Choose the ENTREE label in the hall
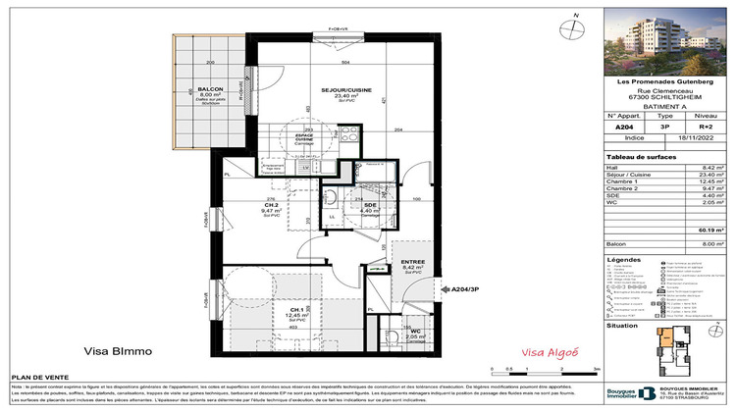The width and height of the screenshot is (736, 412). click(404, 258)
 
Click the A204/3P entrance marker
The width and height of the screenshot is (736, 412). click(467, 289)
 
